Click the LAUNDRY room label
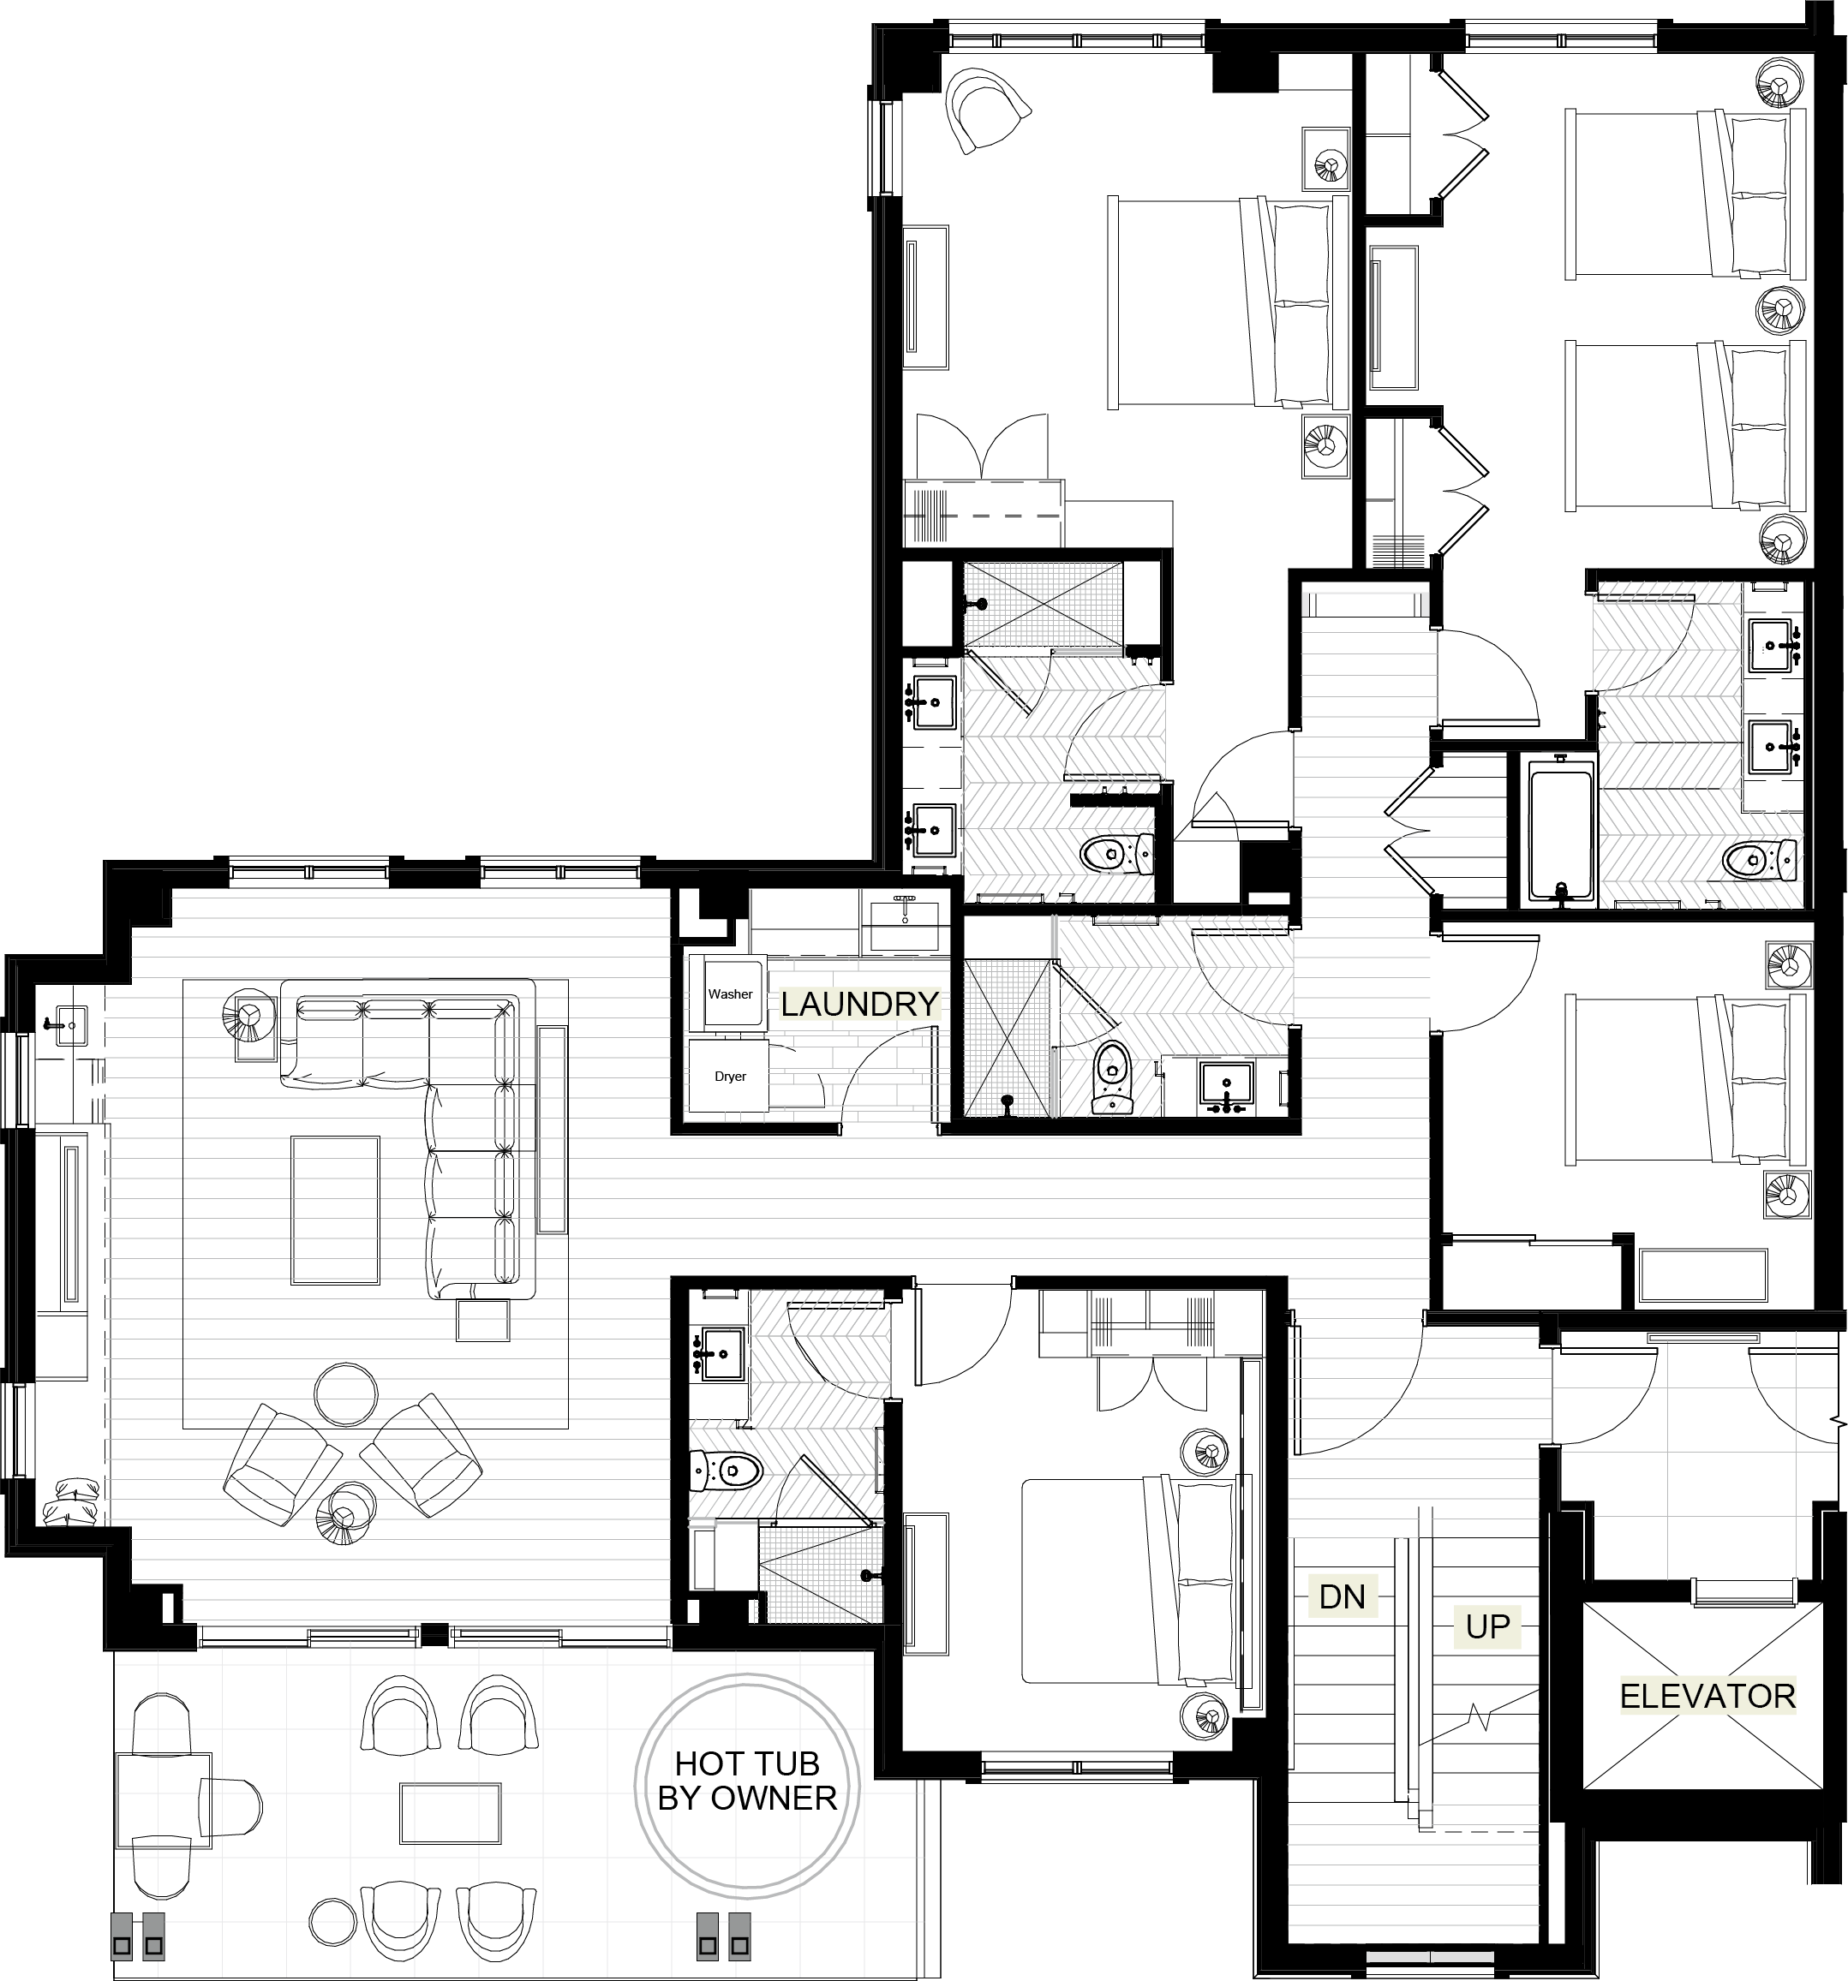859,1004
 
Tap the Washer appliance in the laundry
730,993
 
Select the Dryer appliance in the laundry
730,1077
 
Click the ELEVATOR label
1707,1696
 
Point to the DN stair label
1341,1596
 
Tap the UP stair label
1487,1626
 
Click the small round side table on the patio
331,1920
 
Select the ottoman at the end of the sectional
483,1322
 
